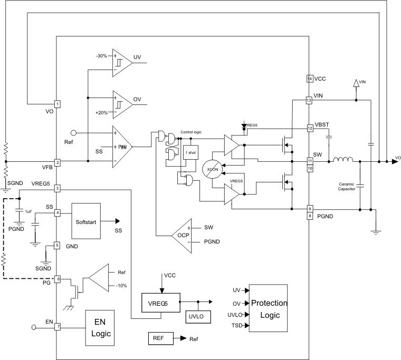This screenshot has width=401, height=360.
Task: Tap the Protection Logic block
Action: click(x=269, y=308)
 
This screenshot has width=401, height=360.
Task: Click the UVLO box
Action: click(x=198, y=316)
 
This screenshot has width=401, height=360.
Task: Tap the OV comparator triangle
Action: click(x=121, y=100)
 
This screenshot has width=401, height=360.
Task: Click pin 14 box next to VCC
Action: click(x=310, y=79)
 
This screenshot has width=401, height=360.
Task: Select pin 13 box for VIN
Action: click(x=310, y=100)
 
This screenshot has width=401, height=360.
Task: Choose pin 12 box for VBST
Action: click(x=310, y=128)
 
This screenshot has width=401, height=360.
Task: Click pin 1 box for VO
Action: click(x=57, y=104)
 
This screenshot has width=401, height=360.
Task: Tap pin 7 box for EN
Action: click(x=57, y=327)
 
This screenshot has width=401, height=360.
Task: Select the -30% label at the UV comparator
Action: click(x=102, y=55)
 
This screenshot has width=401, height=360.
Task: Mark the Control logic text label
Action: click(x=192, y=132)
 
